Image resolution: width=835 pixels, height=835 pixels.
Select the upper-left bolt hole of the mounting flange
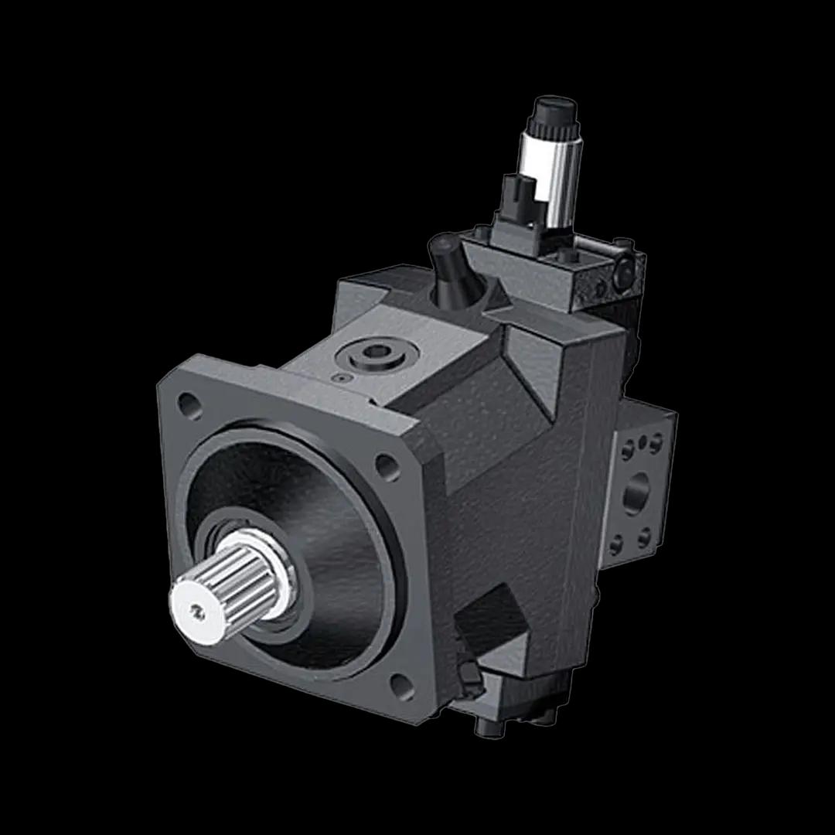[x=189, y=403]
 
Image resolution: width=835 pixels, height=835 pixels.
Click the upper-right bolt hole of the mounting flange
[x=385, y=465]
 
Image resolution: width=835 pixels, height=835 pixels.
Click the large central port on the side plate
[x=637, y=492]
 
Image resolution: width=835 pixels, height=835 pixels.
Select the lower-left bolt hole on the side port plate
[x=616, y=545]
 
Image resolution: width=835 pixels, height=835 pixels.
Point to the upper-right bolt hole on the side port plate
[x=656, y=443]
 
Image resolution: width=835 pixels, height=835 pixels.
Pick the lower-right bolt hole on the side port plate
[x=644, y=536]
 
